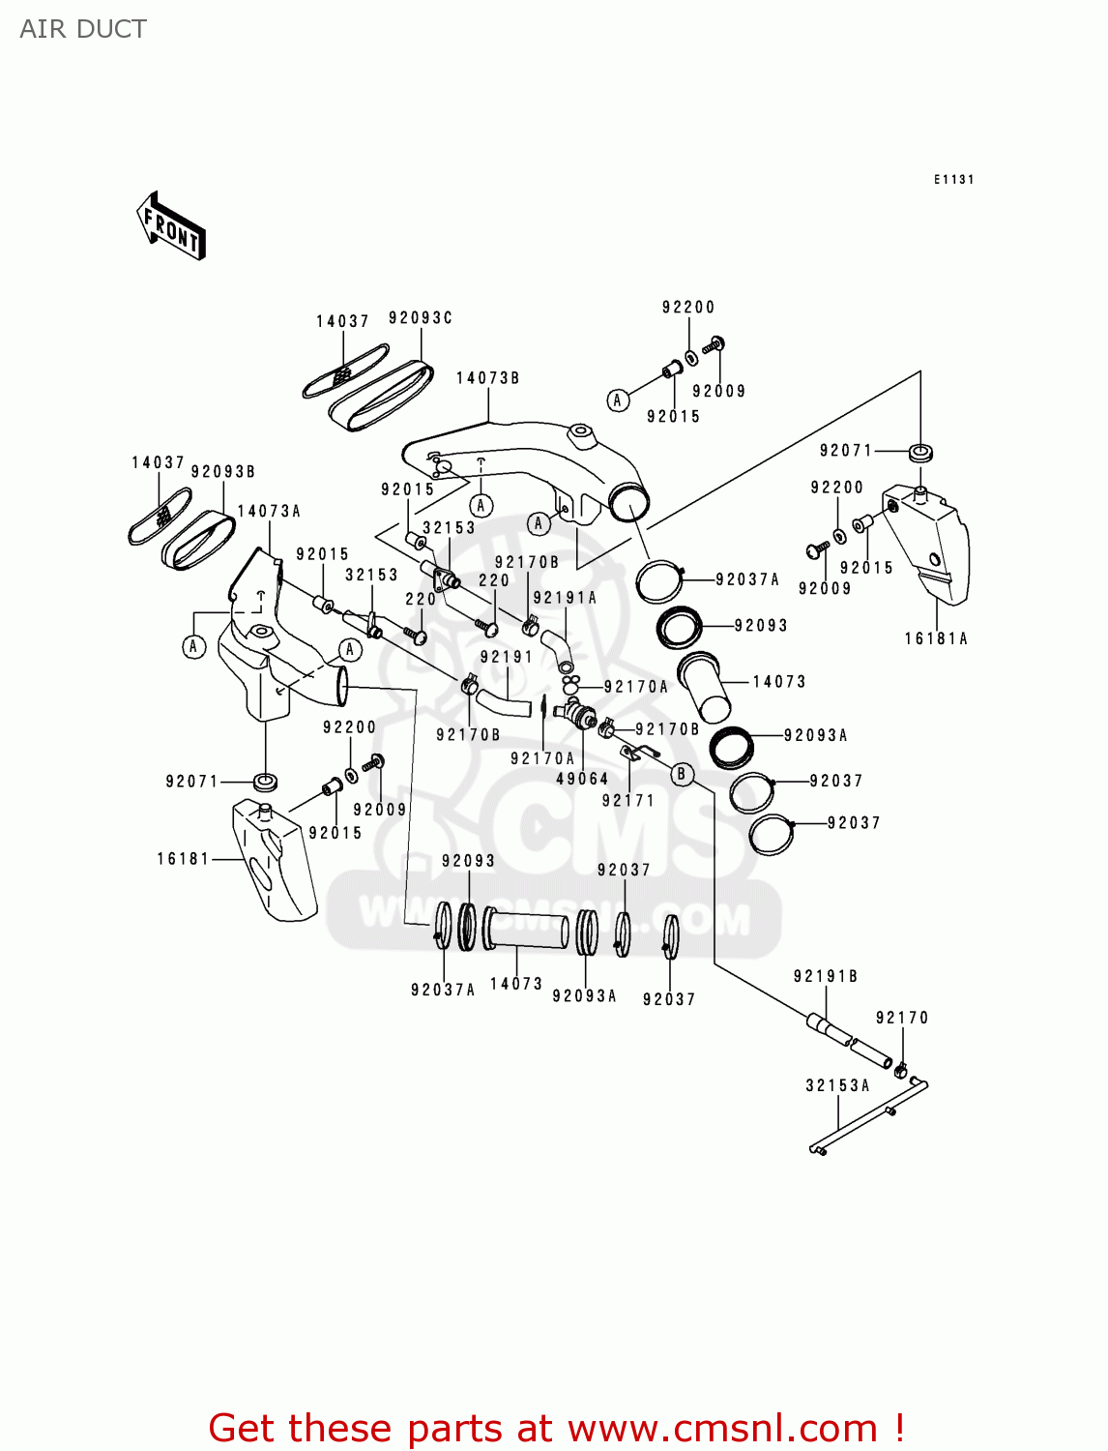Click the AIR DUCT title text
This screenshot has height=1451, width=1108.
(83, 29)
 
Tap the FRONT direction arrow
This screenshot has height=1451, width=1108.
(171, 226)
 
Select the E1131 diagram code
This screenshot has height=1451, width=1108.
(953, 179)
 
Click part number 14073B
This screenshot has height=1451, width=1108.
(487, 378)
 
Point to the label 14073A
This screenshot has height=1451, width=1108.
(269, 511)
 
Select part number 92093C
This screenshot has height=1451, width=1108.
(421, 317)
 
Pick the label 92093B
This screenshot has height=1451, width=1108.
(222, 471)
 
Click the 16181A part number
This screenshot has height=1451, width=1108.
(935, 638)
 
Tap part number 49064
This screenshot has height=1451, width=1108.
(582, 779)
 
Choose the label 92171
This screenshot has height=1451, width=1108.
(627, 801)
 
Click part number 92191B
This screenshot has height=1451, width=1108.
(826, 976)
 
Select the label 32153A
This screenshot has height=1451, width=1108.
(837, 1085)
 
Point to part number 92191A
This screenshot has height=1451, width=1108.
(565, 598)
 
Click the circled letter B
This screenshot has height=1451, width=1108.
(683, 774)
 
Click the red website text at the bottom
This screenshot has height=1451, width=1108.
(556, 1428)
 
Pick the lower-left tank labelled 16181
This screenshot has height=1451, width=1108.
(273, 861)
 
